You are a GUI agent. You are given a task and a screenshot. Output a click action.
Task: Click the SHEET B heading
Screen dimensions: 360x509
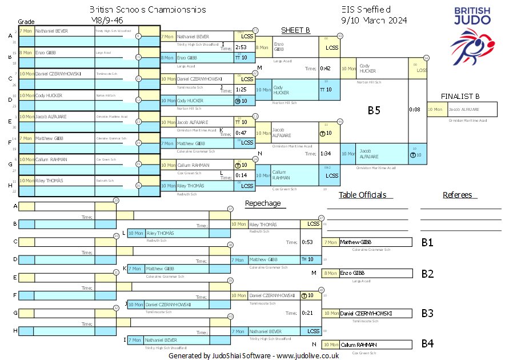coord(295,30)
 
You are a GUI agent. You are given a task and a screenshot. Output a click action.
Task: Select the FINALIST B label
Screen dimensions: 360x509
coord(460,97)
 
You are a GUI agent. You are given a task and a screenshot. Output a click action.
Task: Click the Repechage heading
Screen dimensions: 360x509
coord(263,203)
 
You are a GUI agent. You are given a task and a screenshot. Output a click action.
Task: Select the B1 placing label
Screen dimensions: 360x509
coord(427,242)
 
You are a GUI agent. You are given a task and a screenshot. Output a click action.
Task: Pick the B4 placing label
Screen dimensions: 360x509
coord(427,344)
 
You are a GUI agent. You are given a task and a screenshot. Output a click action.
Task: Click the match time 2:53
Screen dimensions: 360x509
coord(241,47)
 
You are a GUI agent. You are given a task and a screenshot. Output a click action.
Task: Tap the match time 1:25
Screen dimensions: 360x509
coord(241,90)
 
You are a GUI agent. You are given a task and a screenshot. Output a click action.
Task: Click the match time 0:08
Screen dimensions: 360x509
coord(415,109)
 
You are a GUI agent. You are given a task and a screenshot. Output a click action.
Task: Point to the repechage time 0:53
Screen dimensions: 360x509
coord(308,242)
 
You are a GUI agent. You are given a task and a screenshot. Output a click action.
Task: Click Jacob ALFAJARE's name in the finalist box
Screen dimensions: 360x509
coord(464,109)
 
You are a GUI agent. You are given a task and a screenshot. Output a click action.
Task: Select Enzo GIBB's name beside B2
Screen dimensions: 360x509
coord(352,273)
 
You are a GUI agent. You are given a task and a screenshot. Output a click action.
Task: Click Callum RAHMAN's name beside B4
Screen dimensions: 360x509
coord(356,345)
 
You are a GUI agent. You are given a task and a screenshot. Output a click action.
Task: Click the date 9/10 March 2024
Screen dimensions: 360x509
coord(374,21)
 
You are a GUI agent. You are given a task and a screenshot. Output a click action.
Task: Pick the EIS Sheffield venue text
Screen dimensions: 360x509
coord(365,10)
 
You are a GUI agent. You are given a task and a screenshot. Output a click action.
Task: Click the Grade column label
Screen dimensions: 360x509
coord(26,21)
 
